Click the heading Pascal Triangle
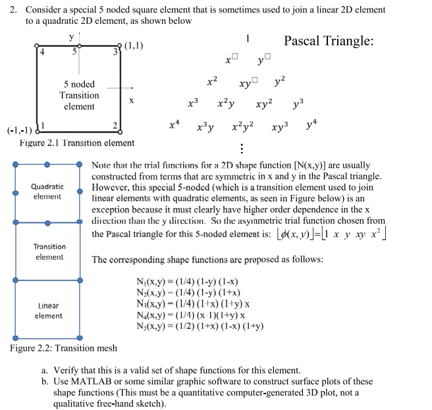pyautogui.click(x=329, y=41)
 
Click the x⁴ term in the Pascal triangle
pyautogui.click(x=173, y=122)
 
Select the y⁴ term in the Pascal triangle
pyautogui.click(x=311, y=122)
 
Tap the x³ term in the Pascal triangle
pyautogui.click(x=192, y=103)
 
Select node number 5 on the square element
pyautogui.click(x=75, y=51)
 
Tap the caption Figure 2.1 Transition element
pyautogui.click(x=77, y=143)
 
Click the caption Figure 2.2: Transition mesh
pyautogui.click(x=64, y=348)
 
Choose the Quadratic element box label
pyautogui.click(x=47, y=192)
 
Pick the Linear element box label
pyautogui.click(x=49, y=311)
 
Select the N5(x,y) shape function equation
pyautogui.click(x=200, y=326)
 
